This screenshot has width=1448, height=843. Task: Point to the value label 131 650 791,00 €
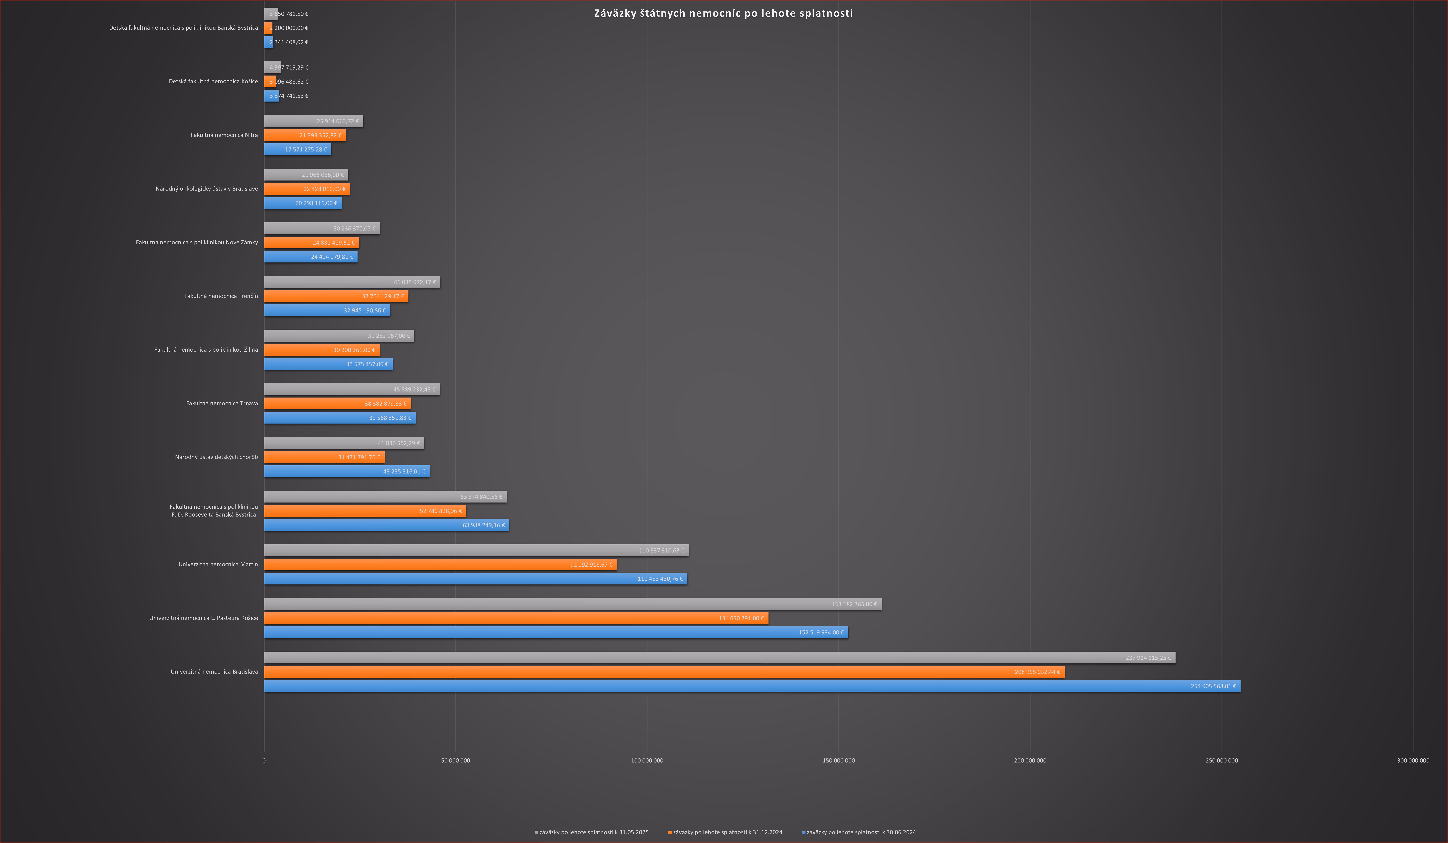741,618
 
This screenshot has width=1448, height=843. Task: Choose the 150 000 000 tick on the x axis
838,760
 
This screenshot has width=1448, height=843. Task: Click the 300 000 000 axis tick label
1413,760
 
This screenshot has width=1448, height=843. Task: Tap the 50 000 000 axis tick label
456,760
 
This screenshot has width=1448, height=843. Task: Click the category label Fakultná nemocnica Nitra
224,135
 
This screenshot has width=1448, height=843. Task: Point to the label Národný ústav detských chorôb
216,457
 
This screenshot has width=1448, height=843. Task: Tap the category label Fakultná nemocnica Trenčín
221,296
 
